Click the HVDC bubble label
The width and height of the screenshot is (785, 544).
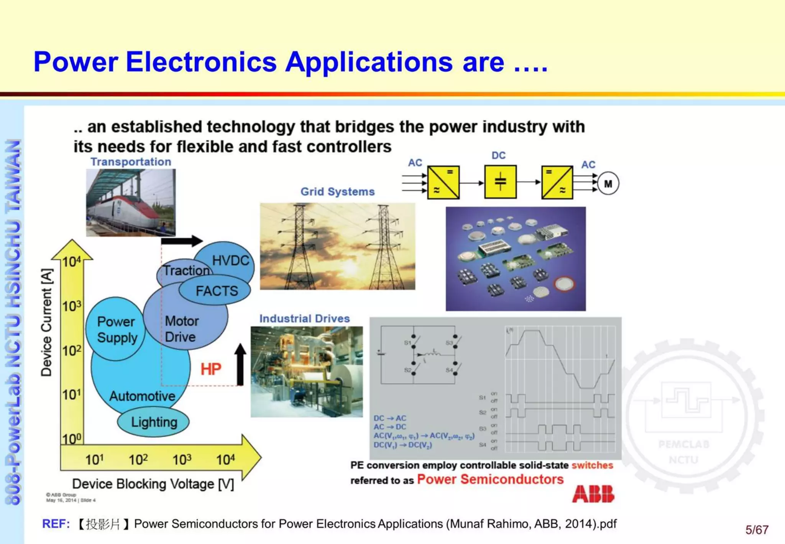tap(230, 260)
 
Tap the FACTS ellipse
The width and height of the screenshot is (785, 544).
tap(217, 291)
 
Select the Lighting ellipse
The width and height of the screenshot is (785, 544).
tap(154, 422)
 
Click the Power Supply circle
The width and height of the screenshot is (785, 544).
tap(116, 329)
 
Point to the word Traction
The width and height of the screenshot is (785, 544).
tap(186, 270)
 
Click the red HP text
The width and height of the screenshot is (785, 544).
tap(211, 369)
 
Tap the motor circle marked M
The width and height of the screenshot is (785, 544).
tap(608, 184)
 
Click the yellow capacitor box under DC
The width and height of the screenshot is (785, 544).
tap(500, 182)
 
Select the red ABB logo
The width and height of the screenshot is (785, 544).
tap(593, 494)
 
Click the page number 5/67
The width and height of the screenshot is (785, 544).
tap(757, 530)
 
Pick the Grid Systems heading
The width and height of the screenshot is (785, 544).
tap(337, 191)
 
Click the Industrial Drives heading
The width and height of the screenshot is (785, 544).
tap(304, 318)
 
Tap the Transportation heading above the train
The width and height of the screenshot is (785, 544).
tap(131, 162)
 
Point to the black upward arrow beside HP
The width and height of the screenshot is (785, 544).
tap(240, 364)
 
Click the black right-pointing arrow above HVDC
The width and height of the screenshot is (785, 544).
tap(181, 241)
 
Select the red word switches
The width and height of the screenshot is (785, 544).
tap(592, 465)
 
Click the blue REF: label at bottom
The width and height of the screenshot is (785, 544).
tap(56, 524)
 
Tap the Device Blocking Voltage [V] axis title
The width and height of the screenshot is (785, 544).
tap(153, 484)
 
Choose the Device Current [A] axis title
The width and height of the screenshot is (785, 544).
tap(46, 322)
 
